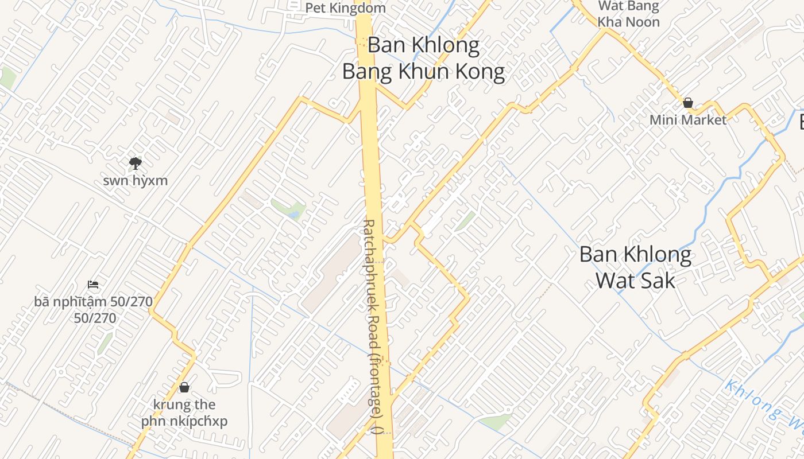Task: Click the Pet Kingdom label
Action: coord(345,8)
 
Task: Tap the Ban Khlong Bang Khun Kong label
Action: coord(424,59)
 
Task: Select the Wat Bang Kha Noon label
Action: coord(628,14)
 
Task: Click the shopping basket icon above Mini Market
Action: coord(688,103)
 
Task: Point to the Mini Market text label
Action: coord(688,120)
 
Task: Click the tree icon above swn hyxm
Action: coord(136,164)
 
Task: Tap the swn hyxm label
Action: coord(136,181)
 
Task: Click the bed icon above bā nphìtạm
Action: coord(93,284)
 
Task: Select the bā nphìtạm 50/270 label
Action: coord(94,309)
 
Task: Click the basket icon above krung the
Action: coord(184,387)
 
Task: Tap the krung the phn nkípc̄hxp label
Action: coord(184,413)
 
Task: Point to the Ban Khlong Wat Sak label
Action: coord(635,267)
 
